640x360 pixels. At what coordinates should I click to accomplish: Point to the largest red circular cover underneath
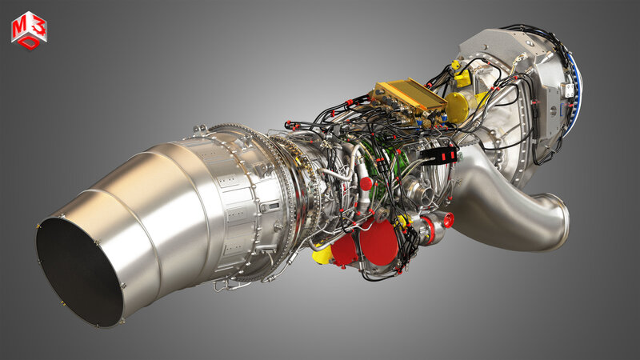click(378, 242)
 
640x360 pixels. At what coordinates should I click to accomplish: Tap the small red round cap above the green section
click(366, 184)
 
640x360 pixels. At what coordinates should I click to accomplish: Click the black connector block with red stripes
click(439, 154)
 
